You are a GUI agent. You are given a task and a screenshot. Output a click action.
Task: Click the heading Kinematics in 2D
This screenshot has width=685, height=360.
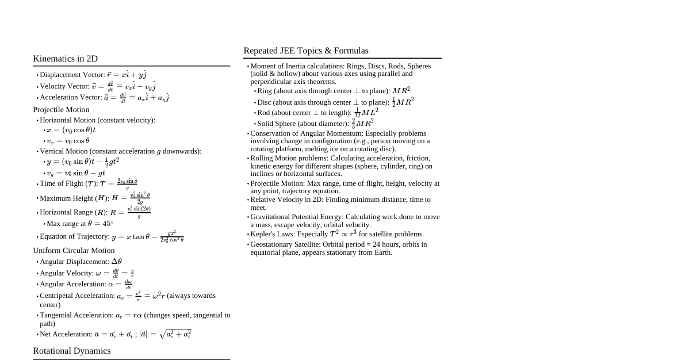[65, 59]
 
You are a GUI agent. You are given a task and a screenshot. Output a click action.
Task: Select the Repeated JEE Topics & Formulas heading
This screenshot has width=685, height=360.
[306, 51]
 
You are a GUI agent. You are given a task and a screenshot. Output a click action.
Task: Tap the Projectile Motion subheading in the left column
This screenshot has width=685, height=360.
[61, 110]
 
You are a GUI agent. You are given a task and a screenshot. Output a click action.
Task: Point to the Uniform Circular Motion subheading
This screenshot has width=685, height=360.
[74, 251]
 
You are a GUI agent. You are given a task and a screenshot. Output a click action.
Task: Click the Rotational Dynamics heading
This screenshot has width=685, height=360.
[72, 351]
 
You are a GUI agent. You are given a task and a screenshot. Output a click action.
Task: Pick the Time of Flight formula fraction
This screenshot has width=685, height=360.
[127, 184]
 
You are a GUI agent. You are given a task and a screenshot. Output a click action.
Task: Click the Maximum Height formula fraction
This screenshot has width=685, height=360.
[140, 198]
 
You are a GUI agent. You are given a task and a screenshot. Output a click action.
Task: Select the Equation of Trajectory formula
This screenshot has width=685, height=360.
[148, 236]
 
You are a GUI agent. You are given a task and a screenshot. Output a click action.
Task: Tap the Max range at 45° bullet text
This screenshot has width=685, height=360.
[80, 224]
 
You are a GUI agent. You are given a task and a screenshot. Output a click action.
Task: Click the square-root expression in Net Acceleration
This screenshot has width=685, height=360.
[175, 334]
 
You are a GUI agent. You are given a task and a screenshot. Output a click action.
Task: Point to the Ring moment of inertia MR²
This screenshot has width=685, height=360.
[401, 91]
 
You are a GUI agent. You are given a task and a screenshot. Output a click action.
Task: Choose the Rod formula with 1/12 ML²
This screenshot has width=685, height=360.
[366, 112]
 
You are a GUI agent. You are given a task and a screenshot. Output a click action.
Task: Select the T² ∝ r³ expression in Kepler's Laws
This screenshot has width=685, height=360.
[343, 234]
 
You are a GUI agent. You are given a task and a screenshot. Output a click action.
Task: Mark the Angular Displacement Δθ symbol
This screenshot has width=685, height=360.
[116, 262]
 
